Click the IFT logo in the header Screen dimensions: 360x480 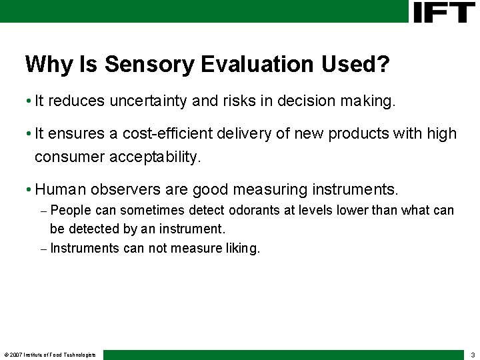click(x=443, y=12)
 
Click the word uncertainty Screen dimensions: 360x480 click(x=148, y=101)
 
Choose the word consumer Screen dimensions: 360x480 click(x=66, y=157)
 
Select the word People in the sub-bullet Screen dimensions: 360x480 click(x=71, y=211)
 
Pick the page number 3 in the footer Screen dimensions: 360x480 click(x=472, y=355)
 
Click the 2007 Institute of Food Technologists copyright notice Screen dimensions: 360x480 click(x=50, y=355)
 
